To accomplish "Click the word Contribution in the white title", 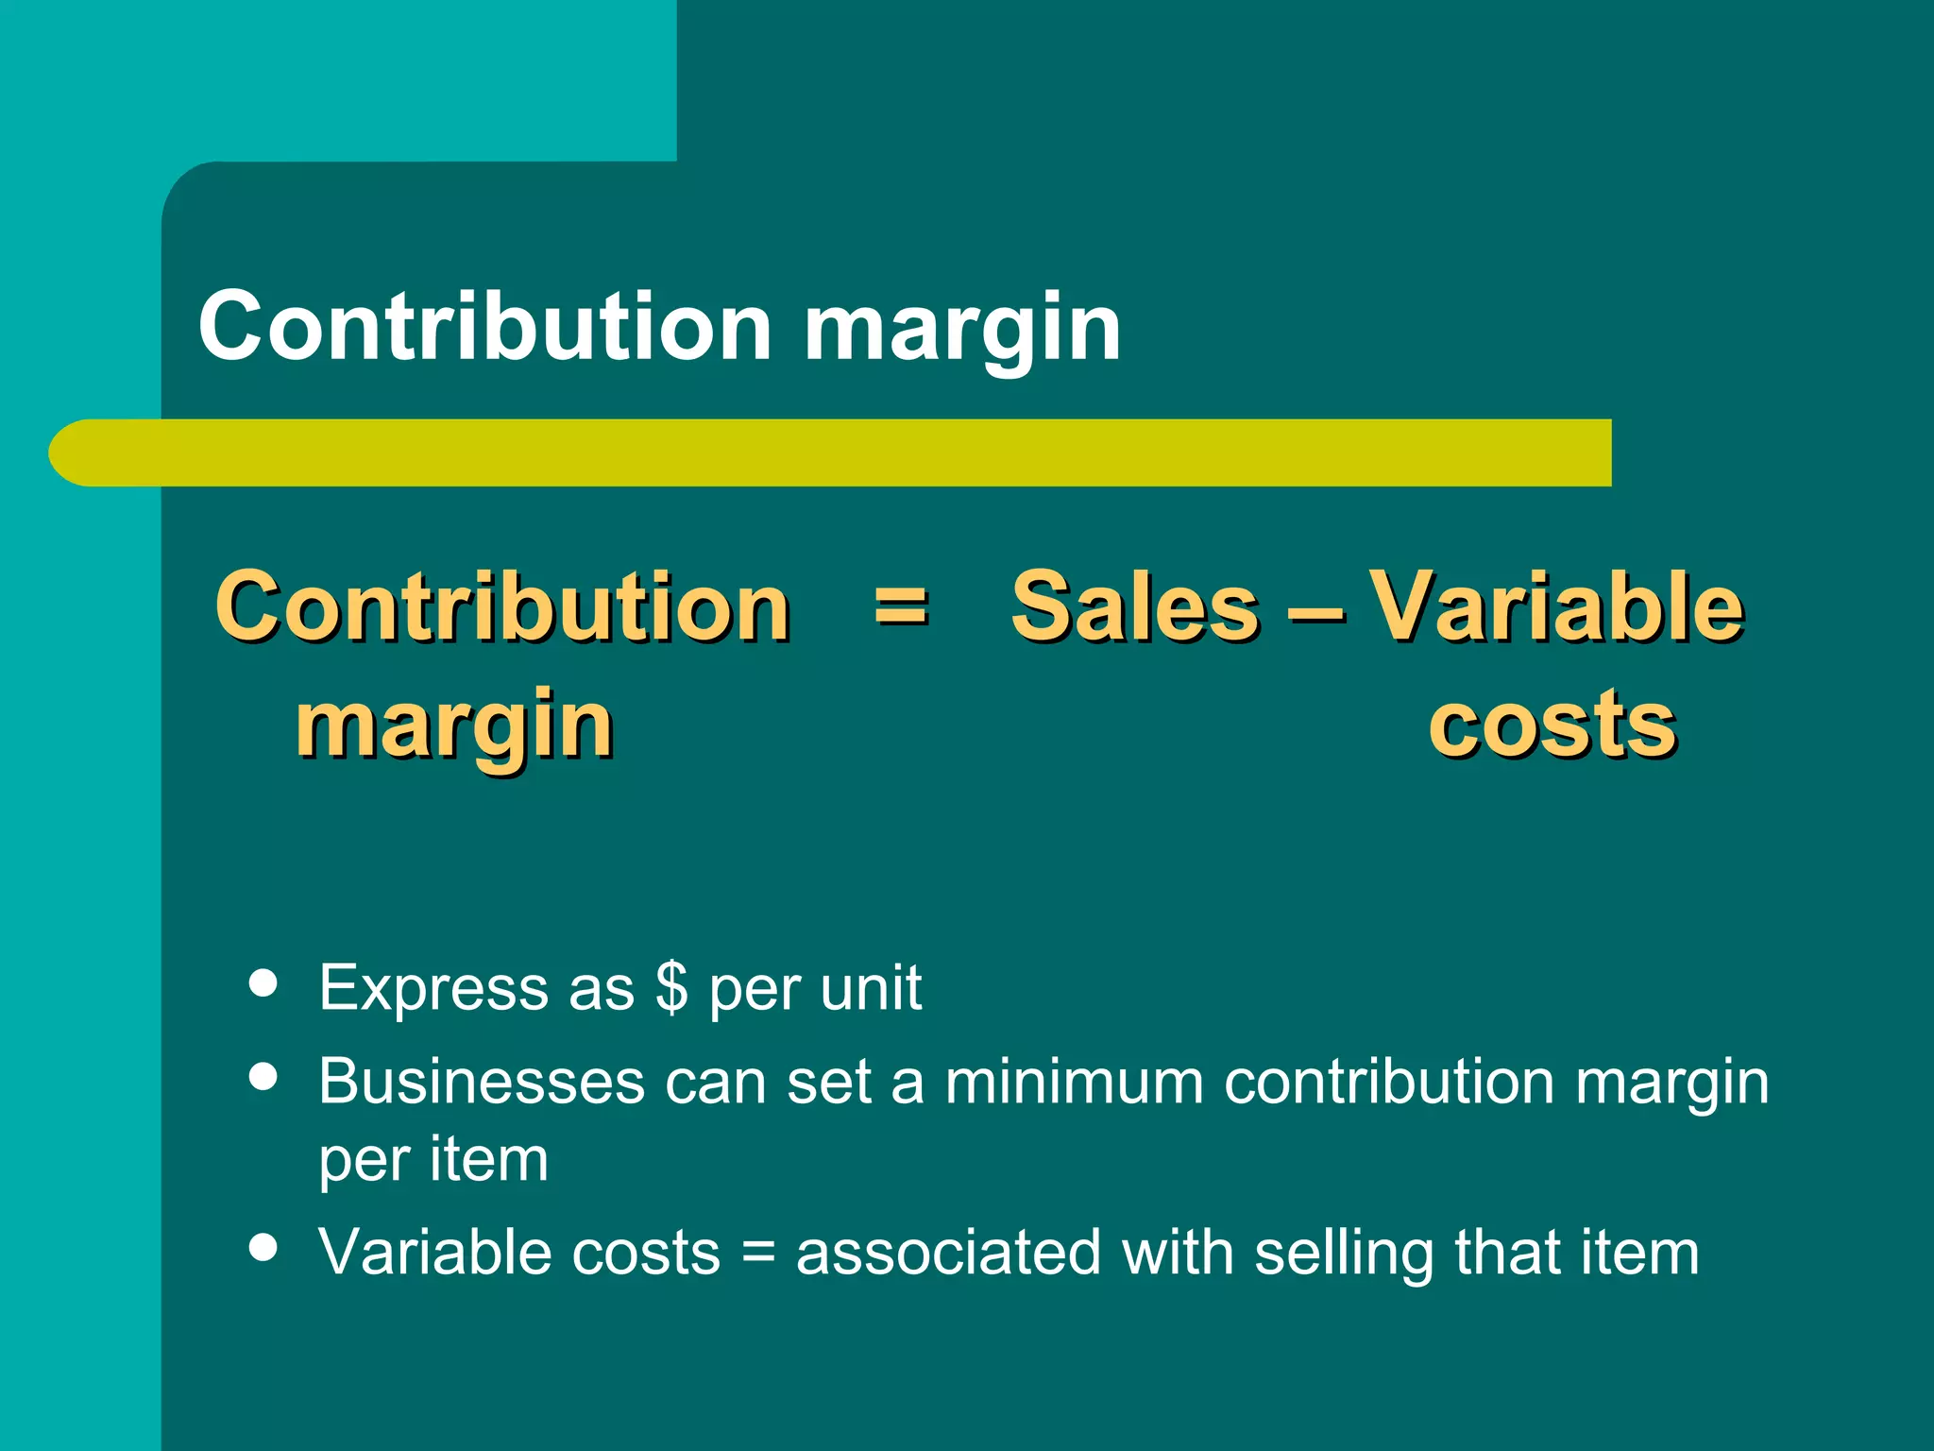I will click(x=484, y=326).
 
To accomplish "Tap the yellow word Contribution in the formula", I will click(x=502, y=606).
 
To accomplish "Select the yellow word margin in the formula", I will click(x=454, y=727).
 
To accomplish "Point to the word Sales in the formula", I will click(x=1134, y=606).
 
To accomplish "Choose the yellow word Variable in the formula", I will click(x=1555, y=606).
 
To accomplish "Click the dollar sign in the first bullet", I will click(x=671, y=988).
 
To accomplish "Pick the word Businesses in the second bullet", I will click(x=482, y=1081).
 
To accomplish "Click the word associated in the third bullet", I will click(x=948, y=1253).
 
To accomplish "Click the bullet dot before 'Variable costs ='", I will click(x=263, y=1246).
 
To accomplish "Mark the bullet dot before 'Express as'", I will click(x=263, y=982).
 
